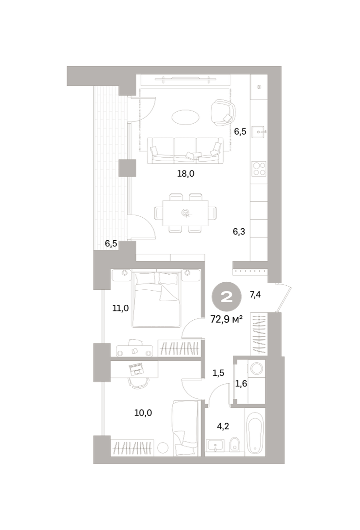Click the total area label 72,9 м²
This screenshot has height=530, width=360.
(227, 320)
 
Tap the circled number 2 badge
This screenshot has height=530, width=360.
(227, 297)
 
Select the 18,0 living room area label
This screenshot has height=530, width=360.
(186, 174)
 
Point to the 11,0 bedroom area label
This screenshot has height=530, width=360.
(121, 308)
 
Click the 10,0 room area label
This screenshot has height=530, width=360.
(143, 413)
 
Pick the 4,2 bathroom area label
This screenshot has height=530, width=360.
(223, 426)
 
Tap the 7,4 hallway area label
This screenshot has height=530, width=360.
(255, 294)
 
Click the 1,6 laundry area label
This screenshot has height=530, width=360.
(241, 383)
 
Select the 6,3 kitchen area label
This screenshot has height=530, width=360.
(239, 231)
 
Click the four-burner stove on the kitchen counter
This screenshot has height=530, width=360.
(259, 169)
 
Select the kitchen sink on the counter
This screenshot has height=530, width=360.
(259, 132)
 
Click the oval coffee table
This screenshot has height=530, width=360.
(186, 117)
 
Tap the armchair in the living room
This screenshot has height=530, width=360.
(223, 113)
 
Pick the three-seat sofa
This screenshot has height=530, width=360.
(185, 151)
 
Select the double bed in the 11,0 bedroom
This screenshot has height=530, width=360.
(156, 299)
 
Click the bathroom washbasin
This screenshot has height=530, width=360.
(215, 446)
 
